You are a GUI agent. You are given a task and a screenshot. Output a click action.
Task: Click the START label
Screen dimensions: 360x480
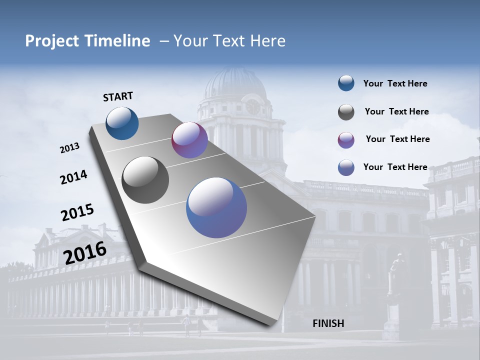pos(118,96)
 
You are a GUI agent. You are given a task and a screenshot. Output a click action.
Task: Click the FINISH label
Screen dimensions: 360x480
pos(328,323)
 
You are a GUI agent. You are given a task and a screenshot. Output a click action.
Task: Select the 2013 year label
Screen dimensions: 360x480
pos(69,148)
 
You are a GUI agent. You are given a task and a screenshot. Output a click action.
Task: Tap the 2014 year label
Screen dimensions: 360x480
pos(73,177)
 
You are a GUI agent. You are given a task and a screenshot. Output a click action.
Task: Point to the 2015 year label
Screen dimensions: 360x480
pos(77,212)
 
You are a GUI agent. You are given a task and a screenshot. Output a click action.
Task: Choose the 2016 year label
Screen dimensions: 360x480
pos(85,252)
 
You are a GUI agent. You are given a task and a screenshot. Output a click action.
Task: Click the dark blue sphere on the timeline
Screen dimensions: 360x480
pos(122,123)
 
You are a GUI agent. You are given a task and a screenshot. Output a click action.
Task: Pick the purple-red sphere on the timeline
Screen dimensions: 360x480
pos(189,140)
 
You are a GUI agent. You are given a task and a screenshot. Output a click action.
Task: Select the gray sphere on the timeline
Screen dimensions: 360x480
pos(145,180)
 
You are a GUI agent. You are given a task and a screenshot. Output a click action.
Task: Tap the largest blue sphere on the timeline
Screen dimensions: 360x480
pos(216,207)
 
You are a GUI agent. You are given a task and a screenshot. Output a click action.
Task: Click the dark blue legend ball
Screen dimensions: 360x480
pos(346,83)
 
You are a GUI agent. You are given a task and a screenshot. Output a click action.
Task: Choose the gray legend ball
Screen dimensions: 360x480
pos(346,112)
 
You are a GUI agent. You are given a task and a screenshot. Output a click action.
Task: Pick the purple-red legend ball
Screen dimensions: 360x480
pos(346,140)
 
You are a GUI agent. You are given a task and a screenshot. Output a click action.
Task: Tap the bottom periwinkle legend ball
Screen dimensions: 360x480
pos(346,167)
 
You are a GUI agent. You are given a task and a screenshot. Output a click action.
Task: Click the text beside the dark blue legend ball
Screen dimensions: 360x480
pos(395,83)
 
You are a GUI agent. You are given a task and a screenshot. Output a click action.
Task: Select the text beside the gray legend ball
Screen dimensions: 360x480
pos(396,111)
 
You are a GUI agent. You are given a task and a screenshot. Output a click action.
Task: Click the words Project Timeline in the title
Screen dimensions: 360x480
pos(87,41)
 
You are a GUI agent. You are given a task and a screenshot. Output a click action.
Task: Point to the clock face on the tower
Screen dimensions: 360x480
pos(253,106)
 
